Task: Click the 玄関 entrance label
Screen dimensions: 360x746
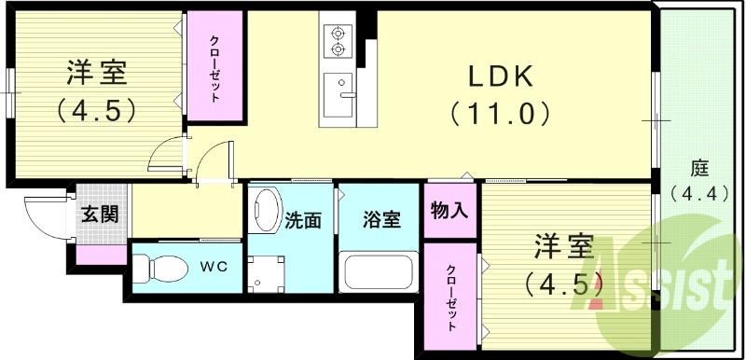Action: (99, 215)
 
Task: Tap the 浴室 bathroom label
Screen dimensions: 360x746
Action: (381, 220)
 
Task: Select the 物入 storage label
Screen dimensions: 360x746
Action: (449, 212)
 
